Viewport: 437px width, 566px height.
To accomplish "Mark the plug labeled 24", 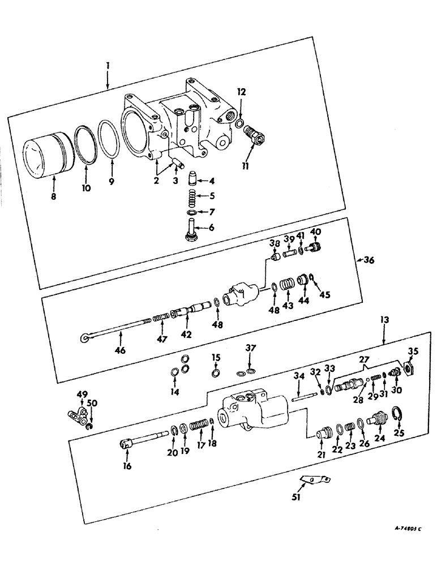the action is [376, 422].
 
